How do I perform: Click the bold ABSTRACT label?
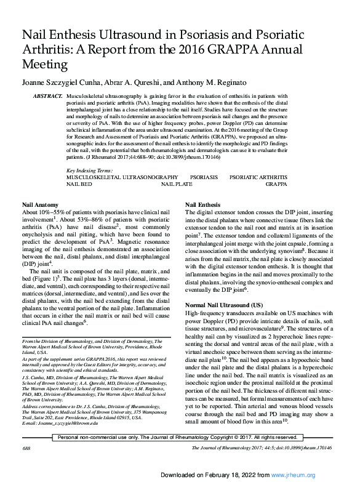point(47,97)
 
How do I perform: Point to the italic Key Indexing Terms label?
point(89,169)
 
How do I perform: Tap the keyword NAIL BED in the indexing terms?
point(79,183)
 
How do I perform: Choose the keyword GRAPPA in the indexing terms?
point(276,183)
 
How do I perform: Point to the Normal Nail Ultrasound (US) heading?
point(224,305)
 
